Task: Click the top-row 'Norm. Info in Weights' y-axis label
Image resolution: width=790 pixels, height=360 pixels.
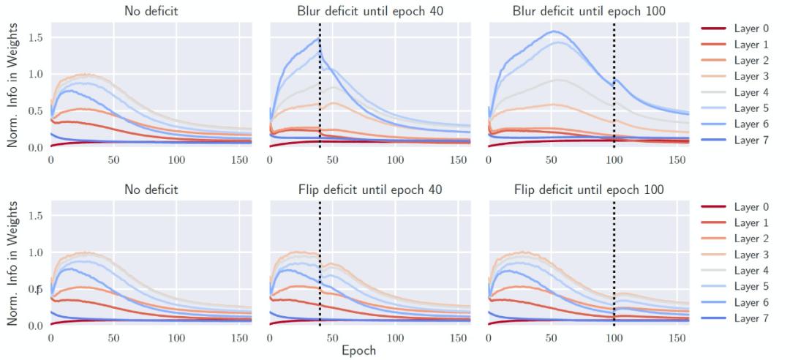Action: [x=13, y=84]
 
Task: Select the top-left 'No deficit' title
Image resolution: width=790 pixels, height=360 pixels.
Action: [x=150, y=12]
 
